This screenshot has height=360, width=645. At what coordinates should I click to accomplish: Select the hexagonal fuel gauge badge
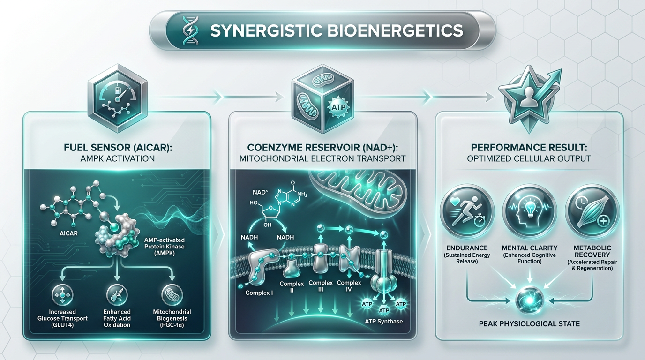pos(118,98)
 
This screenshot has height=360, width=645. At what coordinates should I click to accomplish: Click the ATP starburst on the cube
pos(338,107)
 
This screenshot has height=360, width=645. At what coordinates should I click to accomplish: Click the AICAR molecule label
pos(68,233)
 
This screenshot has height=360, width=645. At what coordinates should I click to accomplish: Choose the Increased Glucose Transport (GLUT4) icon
pos(62,295)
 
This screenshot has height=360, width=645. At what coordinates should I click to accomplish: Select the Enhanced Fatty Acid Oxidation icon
pos(117,295)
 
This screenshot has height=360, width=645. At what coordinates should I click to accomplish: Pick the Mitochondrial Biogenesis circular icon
pos(172,295)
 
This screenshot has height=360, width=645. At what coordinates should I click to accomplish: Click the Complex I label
pos(259,292)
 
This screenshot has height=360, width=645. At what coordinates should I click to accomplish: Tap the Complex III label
pos(321,286)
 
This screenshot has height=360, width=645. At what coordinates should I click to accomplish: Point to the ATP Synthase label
pos(383,321)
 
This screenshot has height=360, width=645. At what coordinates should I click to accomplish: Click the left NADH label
pos(249,237)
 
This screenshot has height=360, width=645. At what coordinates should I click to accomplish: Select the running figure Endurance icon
pos(467,212)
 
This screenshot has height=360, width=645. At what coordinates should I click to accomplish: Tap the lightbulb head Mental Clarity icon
pos(530,212)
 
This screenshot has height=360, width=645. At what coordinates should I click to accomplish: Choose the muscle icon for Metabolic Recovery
pos(592,212)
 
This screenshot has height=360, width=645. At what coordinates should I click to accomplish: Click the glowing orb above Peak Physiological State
pos(530,300)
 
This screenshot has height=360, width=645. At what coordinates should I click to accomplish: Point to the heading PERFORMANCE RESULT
pos(529,148)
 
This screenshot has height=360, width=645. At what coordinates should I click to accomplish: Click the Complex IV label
pos(349,286)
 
